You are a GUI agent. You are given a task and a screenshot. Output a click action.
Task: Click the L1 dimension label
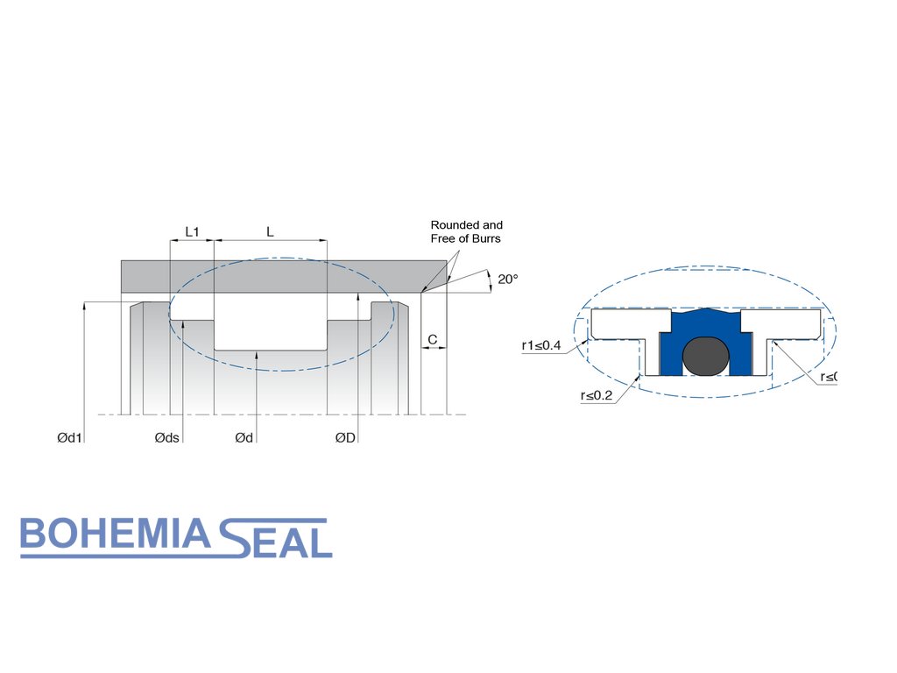point(192,231)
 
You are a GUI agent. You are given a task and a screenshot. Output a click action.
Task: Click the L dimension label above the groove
point(270,231)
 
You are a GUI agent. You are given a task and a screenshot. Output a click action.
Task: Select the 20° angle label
point(508,279)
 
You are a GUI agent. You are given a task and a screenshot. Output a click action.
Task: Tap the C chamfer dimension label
point(432,338)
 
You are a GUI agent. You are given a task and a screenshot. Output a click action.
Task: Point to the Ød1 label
point(69,437)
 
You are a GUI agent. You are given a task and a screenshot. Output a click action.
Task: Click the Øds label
point(166,437)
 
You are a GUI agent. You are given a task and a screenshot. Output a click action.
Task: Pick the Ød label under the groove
point(244,437)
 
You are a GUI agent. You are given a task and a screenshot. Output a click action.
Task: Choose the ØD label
point(345,437)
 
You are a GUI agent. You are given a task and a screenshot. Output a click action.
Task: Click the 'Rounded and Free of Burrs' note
point(466,231)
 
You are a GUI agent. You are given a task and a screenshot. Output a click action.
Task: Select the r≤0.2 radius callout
point(597,395)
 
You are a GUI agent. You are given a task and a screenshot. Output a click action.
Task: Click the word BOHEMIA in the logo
point(115,535)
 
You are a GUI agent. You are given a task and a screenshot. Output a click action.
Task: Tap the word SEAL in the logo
point(275,538)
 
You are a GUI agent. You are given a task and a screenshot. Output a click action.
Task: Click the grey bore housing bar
point(280,276)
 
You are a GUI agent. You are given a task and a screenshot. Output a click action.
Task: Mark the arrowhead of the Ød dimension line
point(257,354)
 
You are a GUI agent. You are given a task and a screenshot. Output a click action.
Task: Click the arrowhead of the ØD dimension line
point(357,297)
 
